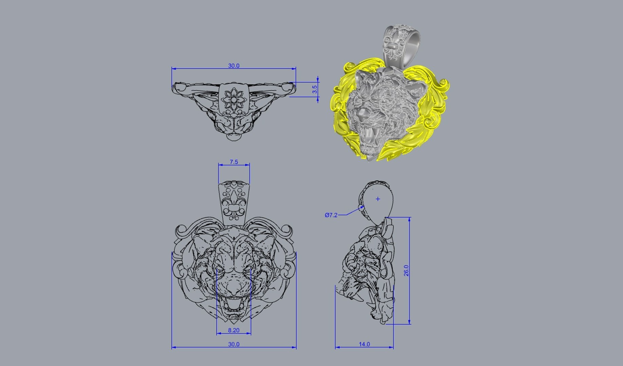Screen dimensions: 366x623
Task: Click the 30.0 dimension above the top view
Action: pos(233,66)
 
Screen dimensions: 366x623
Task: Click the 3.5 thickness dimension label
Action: pos(315,89)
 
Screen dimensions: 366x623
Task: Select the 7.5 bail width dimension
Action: pos(234,162)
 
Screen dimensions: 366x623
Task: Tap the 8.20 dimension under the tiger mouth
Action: pos(233,330)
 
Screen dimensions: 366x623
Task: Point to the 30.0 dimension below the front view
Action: pos(233,344)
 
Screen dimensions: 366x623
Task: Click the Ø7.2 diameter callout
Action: pos(331,215)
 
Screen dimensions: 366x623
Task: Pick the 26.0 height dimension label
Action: pos(407,270)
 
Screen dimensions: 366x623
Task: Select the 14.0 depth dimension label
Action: pos(364,344)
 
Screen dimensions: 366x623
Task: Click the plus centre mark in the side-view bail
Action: pos(378,199)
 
